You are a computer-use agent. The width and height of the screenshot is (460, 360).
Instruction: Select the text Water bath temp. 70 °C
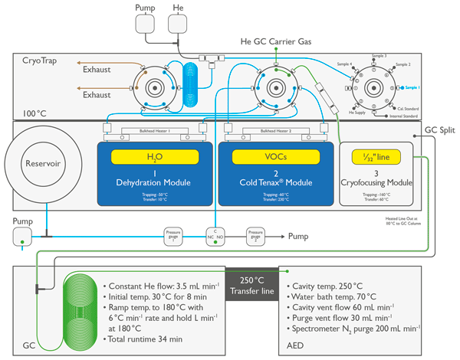pyautogui.click(x=333, y=296)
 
